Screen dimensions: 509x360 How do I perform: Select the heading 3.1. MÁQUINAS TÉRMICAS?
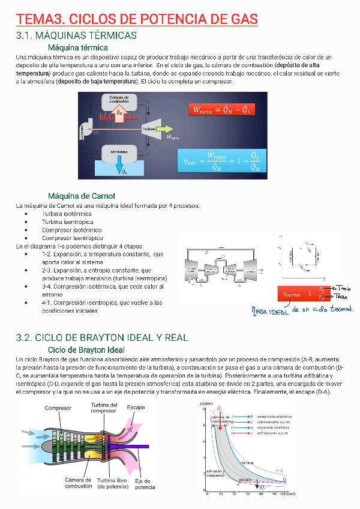pos(76,37)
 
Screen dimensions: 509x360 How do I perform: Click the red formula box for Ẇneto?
pos(221,110)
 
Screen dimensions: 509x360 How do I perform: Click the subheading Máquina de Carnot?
pos(81,196)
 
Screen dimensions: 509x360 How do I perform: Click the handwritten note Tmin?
pos(343,289)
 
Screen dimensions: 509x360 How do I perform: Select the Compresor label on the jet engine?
pos(58,408)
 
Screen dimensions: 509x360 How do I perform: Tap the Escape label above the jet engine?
pos(136,407)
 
